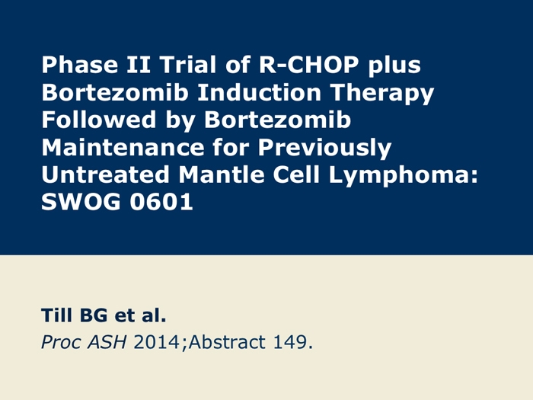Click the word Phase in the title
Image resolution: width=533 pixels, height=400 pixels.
(79, 65)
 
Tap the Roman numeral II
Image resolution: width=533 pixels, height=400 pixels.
(139, 65)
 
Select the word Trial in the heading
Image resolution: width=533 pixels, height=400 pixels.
(187, 65)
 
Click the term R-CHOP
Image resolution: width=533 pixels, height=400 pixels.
(308, 65)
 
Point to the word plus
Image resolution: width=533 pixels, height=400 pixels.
(394, 67)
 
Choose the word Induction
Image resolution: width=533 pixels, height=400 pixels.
(259, 92)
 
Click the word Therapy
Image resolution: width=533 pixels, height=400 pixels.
(382, 94)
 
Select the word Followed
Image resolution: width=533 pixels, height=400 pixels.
(98, 120)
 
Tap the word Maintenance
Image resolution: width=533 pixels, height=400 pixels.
(123, 147)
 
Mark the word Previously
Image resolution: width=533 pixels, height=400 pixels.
(324, 149)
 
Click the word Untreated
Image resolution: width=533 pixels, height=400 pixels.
(105, 174)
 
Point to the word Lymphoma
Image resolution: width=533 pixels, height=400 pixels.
(403, 177)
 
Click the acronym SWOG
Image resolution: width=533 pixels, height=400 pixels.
(81, 203)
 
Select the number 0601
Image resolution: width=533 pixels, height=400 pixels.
(161, 203)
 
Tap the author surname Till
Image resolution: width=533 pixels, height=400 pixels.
(56, 315)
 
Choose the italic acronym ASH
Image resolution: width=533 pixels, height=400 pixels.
(107, 342)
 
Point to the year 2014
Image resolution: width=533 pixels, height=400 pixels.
(156, 342)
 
